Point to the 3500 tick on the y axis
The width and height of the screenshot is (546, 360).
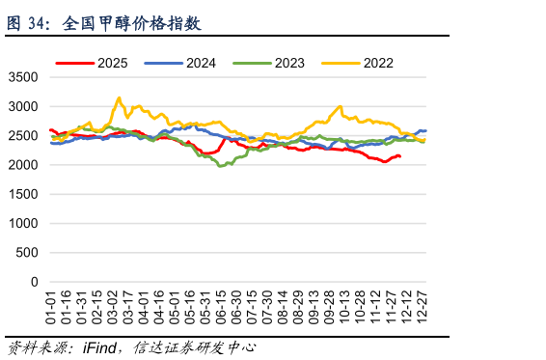click(23, 77)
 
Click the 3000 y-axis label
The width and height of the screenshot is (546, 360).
click(23, 106)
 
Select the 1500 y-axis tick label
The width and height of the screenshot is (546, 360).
click(23, 194)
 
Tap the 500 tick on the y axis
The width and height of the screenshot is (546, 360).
click(27, 253)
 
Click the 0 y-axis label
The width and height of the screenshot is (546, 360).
click(35, 282)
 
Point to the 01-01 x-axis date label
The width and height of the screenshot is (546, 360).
click(51, 307)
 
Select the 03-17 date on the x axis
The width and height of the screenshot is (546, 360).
click(128, 307)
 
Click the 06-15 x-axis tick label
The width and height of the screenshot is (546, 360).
click(221, 307)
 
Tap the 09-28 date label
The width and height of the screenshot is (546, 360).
click(329, 307)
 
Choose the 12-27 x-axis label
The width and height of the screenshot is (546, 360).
click(422, 307)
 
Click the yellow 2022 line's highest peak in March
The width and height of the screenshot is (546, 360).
click(120, 97)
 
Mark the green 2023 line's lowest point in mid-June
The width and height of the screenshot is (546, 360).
click(220, 166)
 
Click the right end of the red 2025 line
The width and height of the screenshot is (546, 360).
click(399, 156)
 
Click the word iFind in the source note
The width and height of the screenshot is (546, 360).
click(99, 348)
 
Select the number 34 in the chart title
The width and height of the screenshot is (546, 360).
click(37, 24)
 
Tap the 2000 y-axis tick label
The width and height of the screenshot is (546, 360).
click(23, 165)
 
